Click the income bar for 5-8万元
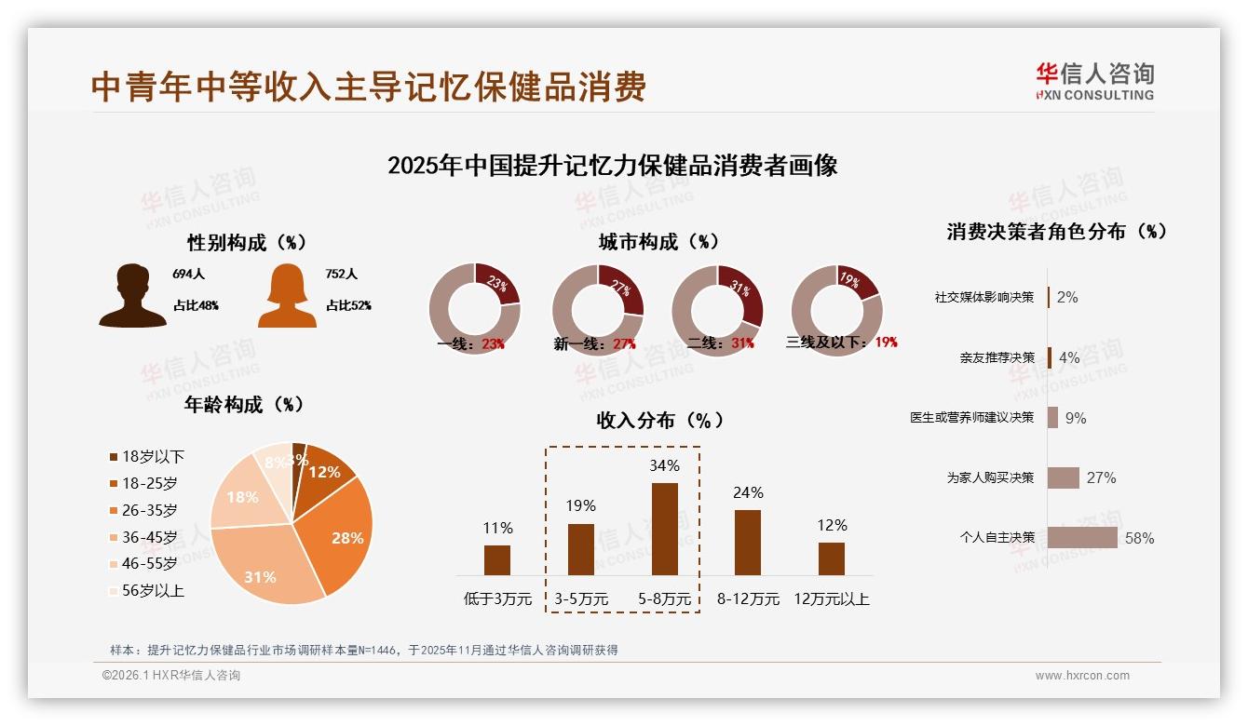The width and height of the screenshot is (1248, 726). [664, 529]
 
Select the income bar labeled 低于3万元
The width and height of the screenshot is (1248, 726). [497, 560]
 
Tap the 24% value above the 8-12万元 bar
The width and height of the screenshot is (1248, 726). [748, 492]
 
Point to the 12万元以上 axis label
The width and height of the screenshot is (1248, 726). [831, 599]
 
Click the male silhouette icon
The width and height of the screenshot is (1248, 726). [132, 296]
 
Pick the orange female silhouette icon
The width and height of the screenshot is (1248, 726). [287, 296]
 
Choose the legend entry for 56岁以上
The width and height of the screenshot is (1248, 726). [147, 590]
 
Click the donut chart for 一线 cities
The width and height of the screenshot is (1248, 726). [474, 309]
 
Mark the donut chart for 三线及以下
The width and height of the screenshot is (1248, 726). [835, 309]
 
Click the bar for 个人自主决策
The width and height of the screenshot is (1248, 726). [1082, 538]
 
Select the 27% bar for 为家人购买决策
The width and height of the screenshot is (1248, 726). [1064, 477]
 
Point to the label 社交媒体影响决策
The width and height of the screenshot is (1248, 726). [984, 298]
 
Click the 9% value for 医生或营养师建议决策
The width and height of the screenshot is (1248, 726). [1076, 418]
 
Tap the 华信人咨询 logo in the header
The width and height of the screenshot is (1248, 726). [1094, 82]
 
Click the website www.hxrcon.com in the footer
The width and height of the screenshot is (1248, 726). [1082, 676]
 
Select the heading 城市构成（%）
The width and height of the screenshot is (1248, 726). [659, 242]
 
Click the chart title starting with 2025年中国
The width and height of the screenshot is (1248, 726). [612, 166]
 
